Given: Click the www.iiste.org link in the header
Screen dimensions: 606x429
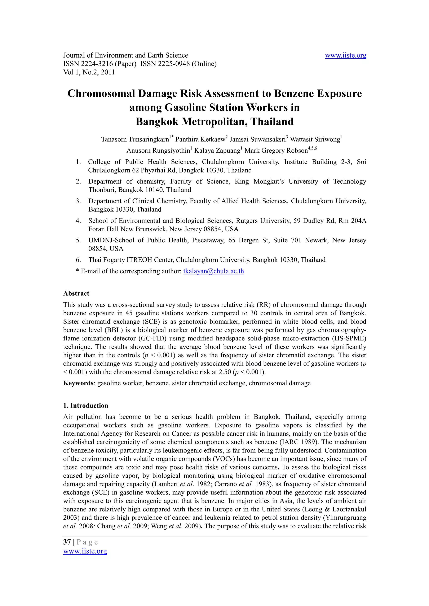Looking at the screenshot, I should pos(345,55).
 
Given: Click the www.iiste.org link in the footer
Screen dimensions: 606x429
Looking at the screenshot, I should pos(85,551).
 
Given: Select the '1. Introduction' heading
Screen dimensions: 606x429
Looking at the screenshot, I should pos(86,405).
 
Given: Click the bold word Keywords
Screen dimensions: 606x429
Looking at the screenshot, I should pos(79,383).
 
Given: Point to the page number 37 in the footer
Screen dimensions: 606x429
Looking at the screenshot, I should pos(67,542).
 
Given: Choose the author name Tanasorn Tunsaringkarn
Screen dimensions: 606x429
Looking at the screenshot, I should pos(135,139).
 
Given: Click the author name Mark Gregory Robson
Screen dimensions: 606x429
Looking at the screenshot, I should pos(276,151).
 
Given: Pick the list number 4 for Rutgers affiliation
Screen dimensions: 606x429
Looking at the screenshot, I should pos(78,221).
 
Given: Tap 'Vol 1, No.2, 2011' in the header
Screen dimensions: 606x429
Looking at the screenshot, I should pos(89,72).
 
